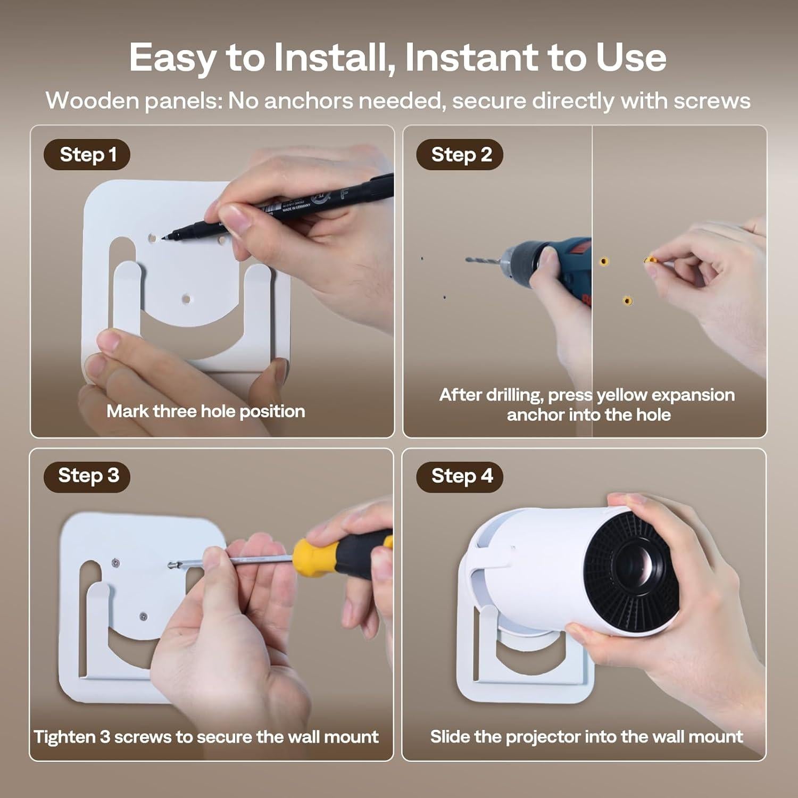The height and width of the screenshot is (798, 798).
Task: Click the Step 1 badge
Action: pyautogui.click(x=87, y=155)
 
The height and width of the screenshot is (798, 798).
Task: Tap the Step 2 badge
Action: pyautogui.click(x=460, y=155)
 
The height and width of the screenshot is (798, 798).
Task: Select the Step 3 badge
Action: pyautogui.click(x=87, y=476)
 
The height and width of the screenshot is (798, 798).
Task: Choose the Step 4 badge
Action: pyautogui.click(x=460, y=476)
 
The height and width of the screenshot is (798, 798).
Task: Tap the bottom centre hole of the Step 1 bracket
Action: pyautogui.click(x=186, y=300)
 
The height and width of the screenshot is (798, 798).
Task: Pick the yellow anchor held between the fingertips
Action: pyautogui.click(x=650, y=260)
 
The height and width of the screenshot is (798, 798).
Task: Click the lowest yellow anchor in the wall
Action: pyautogui.click(x=628, y=301)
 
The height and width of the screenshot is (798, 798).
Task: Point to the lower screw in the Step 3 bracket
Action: pyautogui.click(x=143, y=617)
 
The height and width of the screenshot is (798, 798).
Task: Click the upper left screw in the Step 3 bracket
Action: pyautogui.click(x=115, y=562)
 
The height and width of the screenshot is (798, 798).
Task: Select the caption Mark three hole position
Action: pyautogui.click(x=206, y=411)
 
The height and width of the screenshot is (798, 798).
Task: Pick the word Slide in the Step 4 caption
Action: pyautogui.click(x=450, y=737)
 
